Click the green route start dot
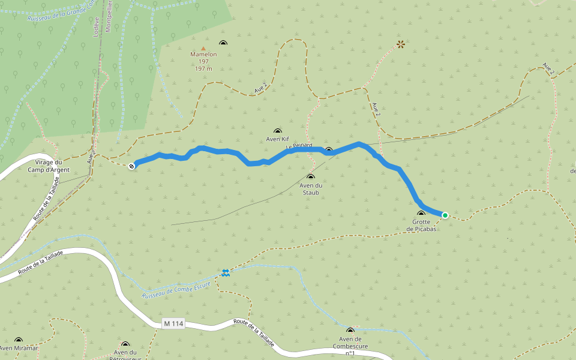coord(445,215)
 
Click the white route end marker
coord(131,166)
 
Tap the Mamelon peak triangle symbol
coord(203,49)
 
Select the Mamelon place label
coord(203,55)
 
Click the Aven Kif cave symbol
coord(277,131)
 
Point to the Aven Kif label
coord(277,139)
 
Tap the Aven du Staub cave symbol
coord(310,177)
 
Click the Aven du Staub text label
coord(310,189)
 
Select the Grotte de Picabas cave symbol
coord(421,214)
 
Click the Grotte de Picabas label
coord(421,226)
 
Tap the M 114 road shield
coord(173,324)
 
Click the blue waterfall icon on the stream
coord(226,273)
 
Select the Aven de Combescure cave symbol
coord(350,330)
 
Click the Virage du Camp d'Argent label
coord(49,166)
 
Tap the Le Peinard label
coord(299,146)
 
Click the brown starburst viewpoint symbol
coord(401,44)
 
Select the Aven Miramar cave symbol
coord(19,340)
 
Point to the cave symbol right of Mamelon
coord(224,43)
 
